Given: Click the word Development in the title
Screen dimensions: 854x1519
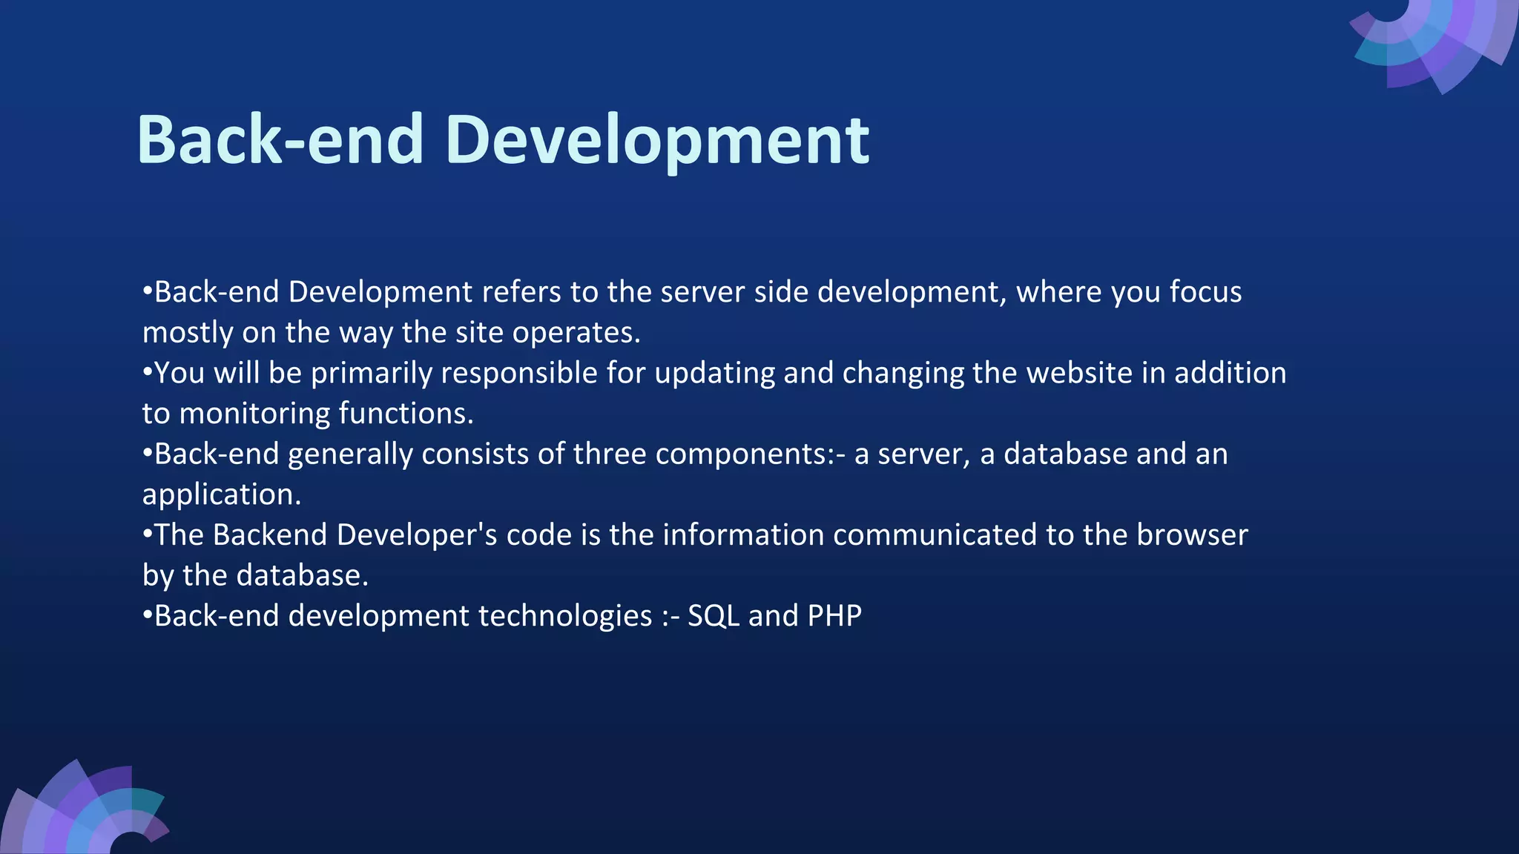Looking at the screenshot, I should (x=657, y=141).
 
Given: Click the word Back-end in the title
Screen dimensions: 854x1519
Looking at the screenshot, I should (x=280, y=141).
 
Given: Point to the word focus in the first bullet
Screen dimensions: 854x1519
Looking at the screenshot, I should (x=1205, y=292).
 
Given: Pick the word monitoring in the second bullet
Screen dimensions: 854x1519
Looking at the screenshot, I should (x=254, y=414).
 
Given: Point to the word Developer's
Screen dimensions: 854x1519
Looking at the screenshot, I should (x=417, y=534).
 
